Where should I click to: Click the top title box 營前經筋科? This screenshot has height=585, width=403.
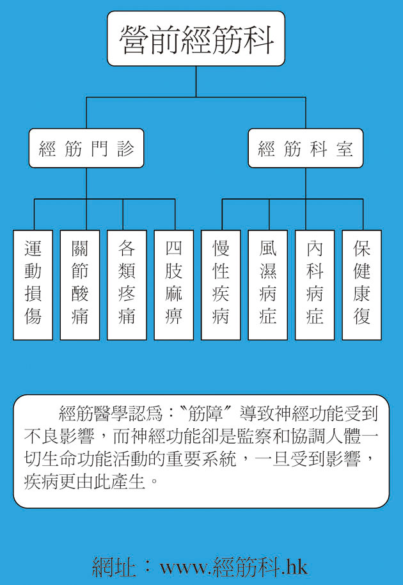point(196,39)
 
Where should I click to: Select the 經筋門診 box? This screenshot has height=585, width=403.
point(86,148)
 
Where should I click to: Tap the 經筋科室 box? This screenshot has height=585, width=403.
point(305,148)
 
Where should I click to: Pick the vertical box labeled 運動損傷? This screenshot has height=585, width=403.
point(33,285)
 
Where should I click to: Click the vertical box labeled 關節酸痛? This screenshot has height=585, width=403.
point(80,285)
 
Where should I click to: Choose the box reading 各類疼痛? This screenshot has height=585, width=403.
point(127,285)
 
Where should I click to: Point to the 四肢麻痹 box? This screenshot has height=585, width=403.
point(174,285)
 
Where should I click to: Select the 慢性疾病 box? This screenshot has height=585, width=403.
point(221,285)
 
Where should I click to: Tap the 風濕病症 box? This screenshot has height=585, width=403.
point(267,285)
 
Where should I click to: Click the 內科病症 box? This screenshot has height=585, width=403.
point(315,285)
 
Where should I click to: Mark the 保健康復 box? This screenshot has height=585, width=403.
point(361,285)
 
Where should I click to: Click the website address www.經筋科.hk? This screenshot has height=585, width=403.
point(233,568)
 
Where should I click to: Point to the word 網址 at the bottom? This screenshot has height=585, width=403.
point(113,568)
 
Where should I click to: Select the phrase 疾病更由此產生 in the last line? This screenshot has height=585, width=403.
point(84,481)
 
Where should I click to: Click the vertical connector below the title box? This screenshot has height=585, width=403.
point(196,82)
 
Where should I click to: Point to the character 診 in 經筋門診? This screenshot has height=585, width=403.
point(125,148)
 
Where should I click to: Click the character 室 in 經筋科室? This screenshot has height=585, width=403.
point(344,148)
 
